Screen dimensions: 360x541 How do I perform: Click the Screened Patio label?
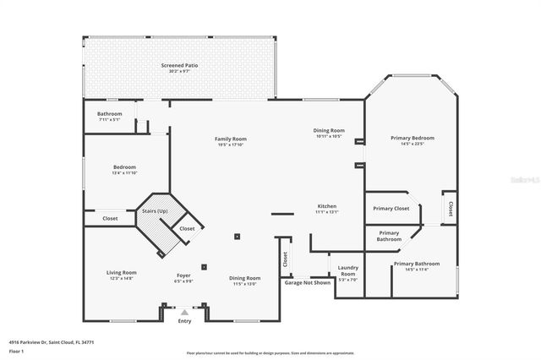(x=179, y=65)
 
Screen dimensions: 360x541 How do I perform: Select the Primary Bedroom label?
(x=412, y=138)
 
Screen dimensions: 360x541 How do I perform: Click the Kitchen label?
(x=327, y=206)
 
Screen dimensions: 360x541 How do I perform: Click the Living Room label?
(x=122, y=272)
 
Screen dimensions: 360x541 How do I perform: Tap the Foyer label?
(x=183, y=275)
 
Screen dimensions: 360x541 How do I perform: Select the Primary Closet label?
(x=391, y=208)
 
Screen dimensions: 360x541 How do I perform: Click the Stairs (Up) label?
(x=154, y=210)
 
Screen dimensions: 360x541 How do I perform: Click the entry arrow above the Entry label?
(x=184, y=313)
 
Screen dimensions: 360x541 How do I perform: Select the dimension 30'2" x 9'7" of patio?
(x=179, y=71)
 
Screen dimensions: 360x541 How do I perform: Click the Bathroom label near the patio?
(x=109, y=113)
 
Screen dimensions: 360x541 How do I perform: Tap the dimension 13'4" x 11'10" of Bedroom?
(x=124, y=172)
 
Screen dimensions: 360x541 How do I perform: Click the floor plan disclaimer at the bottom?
(x=270, y=352)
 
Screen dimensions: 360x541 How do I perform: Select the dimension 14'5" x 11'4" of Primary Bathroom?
(x=411, y=270)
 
